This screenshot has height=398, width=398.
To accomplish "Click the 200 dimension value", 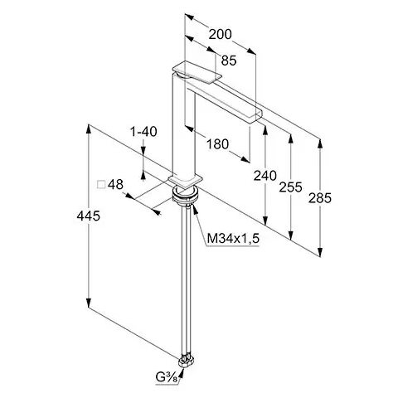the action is tap(220, 35).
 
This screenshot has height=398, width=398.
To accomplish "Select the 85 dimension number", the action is tap(229, 61).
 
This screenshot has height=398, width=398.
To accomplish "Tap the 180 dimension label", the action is tap(218, 144).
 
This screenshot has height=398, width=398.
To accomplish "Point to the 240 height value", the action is tap(265, 176).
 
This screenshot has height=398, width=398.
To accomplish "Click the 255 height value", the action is tap(290, 187).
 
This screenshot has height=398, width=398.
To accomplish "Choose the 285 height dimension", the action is tap(320, 198).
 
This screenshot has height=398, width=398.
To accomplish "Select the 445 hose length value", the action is tap(89, 216).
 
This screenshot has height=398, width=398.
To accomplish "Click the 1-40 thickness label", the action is tap(143, 132).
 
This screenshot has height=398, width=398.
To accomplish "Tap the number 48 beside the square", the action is tap(115, 184).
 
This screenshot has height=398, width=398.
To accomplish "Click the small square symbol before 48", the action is tap(101, 185).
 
